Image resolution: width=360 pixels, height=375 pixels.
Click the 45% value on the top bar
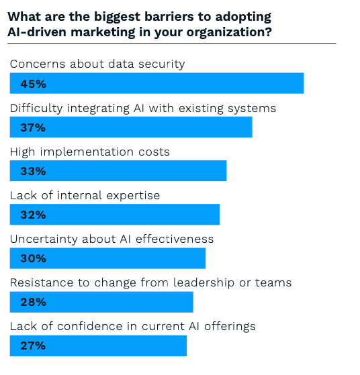pyautogui.click(x=32, y=84)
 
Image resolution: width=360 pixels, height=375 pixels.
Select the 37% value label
pyautogui.click(x=32, y=127)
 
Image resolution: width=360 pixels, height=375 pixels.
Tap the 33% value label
pyautogui.click(x=32, y=171)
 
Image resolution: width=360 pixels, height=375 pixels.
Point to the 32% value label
pyautogui.click(x=32, y=215)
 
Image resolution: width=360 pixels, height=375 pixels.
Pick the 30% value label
pyautogui.click(x=32, y=258)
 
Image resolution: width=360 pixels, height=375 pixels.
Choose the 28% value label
pyautogui.click(x=32, y=302)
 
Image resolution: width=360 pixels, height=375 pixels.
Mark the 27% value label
pyautogui.click(x=32, y=345)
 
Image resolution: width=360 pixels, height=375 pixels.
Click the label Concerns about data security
pyautogui.click(x=97, y=64)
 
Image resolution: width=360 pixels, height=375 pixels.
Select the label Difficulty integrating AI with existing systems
pyautogui.click(x=143, y=108)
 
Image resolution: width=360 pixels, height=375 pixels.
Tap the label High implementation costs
pyautogui.click(x=90, y=152)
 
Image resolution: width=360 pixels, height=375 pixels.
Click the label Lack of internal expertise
pyautogui.click(x=85, y=195)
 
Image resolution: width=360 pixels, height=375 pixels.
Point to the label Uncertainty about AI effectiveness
pyautogui.click(x=111, y=239)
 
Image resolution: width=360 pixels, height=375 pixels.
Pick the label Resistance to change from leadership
pyautogui.click(x=150, y=282)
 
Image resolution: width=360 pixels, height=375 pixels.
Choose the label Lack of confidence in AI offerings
pyautogui.click(x=133, y=326)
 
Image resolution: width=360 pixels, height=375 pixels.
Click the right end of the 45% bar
pyautogui.click(x=302, y=84)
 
